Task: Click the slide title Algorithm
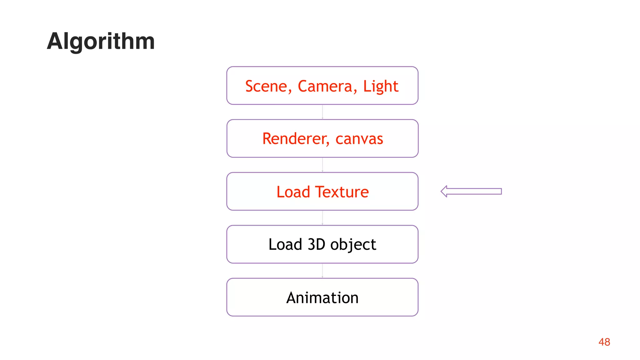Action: tap(101, 41)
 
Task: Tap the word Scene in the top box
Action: tap(266, 86)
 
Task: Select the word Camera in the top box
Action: tap(325, 86)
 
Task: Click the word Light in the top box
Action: tap(381, 86)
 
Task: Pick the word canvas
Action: tap(359, 139)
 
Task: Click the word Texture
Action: tap(342, 192)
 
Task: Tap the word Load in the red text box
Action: tap(293, 192)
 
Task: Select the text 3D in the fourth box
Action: tap(317, 244)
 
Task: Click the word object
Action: tap(353, 244)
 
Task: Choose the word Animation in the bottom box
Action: tap(322, 297)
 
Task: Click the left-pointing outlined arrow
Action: tap(471, 191)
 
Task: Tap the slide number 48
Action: tap(604, 342)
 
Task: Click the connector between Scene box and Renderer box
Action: tap(322, 112)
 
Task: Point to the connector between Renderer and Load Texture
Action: tap(322, 165)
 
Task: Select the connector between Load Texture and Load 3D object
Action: tap(322, 218)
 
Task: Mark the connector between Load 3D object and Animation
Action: tap(322, 271)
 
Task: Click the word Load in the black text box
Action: tap(285, 244)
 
